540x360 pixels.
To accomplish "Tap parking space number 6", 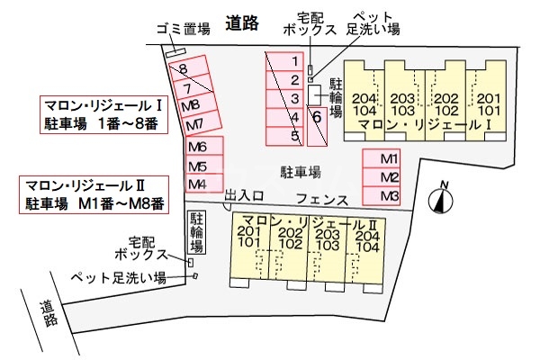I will click(317, 116).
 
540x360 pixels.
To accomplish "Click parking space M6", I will click(198, 148).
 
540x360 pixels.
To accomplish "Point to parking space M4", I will click(198, 184).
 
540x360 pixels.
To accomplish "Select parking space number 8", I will click(183, 68).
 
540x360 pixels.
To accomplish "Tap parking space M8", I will click(190, 106).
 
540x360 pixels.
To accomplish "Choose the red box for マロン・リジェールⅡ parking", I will click(94, 194).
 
